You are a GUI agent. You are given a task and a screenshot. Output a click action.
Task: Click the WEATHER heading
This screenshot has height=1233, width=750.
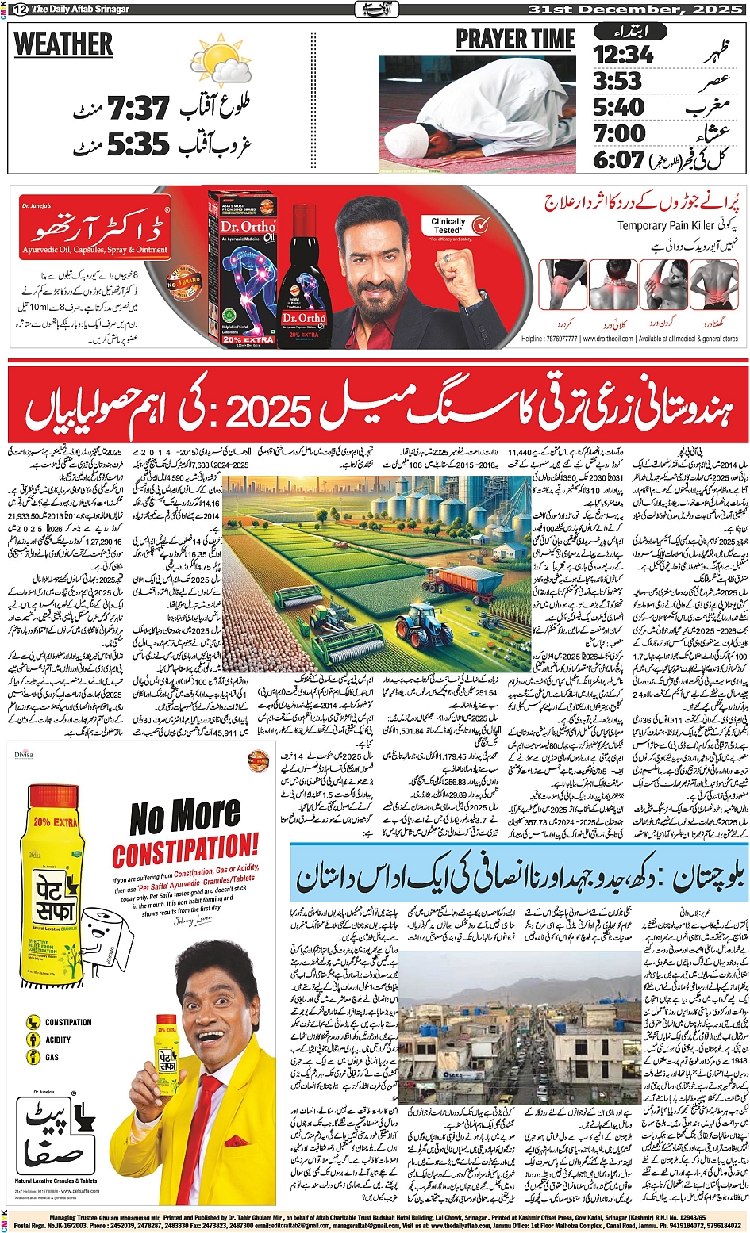63,44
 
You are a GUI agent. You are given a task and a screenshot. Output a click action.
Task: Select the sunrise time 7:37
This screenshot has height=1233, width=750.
139,108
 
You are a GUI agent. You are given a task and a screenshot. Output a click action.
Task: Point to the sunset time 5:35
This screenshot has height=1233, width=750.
139,144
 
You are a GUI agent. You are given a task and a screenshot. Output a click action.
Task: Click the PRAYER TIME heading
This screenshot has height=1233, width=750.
515,39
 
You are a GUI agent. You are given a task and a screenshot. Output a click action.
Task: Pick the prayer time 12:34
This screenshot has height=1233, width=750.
624,55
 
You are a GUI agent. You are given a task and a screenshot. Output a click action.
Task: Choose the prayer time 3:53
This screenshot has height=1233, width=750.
617,81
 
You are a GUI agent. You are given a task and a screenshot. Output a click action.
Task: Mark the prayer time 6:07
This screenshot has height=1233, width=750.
619,159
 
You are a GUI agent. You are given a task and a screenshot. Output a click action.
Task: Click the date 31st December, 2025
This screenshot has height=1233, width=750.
635,10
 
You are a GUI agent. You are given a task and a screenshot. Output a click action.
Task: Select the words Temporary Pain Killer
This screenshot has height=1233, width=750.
666,226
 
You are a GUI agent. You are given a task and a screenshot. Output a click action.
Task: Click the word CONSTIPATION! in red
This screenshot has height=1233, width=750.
185,850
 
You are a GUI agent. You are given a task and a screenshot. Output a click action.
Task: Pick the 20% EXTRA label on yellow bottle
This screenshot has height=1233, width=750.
56,822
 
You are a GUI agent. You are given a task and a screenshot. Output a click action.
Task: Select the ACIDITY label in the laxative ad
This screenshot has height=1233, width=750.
58,1040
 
